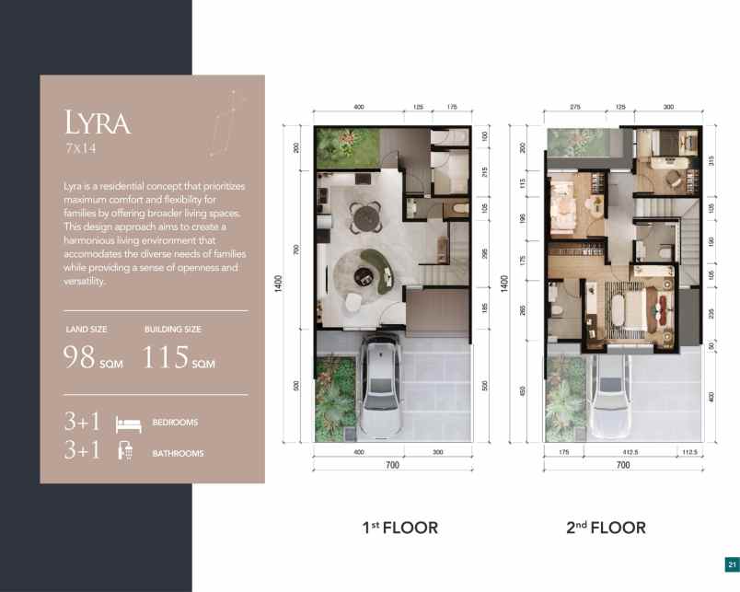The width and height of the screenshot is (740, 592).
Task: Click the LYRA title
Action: tap(98, 122)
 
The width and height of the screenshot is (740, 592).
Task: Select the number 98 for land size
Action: tap(81, 356)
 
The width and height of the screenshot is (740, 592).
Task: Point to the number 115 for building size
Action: tap(167, 356)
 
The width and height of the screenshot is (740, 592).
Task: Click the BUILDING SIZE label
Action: tap(173, 329)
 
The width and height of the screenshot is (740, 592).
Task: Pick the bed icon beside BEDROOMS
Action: tap(127, 424)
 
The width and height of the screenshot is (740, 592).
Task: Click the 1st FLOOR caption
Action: tap(399, 528)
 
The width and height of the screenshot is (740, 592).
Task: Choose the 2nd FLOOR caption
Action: tap(606, 528)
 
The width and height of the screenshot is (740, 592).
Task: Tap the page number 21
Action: tap(731, 564)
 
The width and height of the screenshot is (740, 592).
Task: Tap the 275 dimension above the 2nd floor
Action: tap(575, 108)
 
